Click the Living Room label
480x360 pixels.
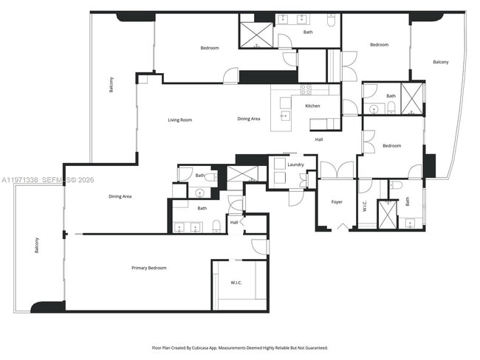click(x=179, y=120)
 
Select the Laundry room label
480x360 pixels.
click(x=296, y=165)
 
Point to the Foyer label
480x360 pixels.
click(x=337, y=201)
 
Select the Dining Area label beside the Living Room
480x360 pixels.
click(x=248, y=119)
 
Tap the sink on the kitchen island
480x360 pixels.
click(x=284, y=115)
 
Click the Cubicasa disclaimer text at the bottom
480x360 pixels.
click(x=240, y=347)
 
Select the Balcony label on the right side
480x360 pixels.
click(x=440, y=62)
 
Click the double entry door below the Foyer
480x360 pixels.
click(x=340, y=226)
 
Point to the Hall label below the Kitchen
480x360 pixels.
click(x=319, y=139)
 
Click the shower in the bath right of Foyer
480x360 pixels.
click(x=387, y=213)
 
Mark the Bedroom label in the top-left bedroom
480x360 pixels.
click(x=210, y=48)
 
